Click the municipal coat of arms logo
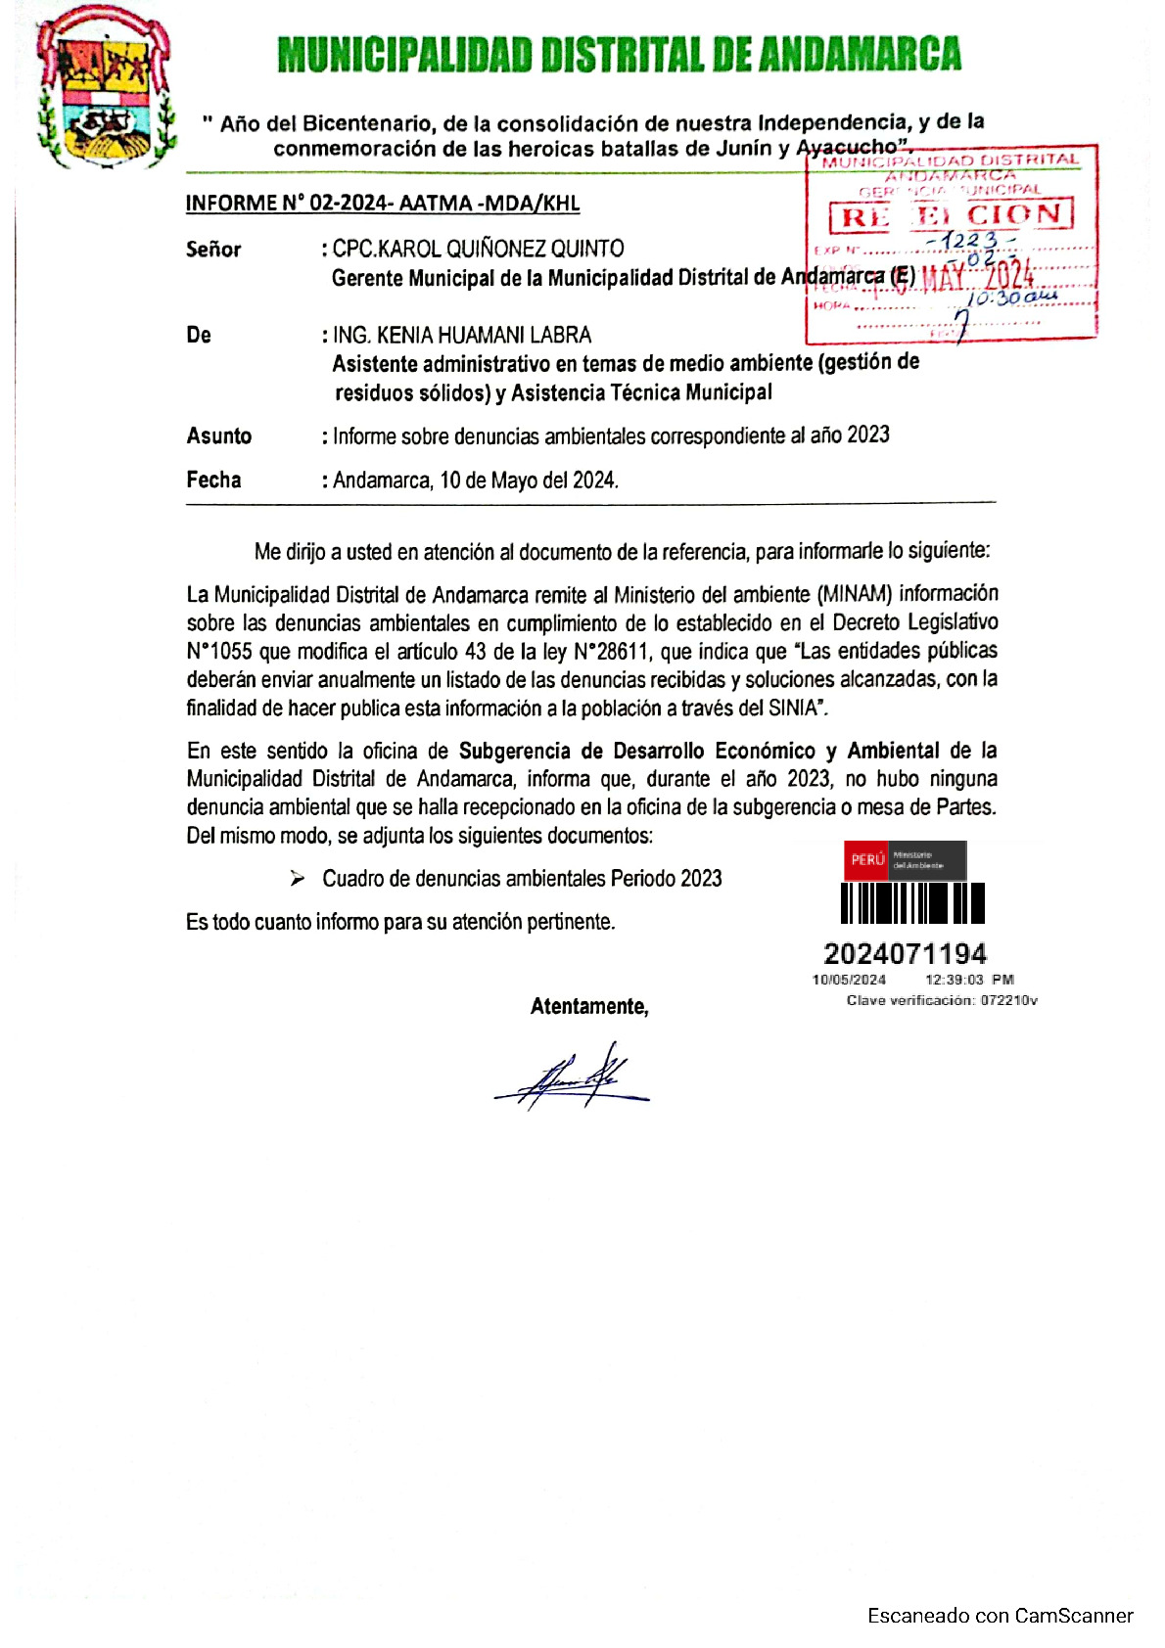tap(104, 88)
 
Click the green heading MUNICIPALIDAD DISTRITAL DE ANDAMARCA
tap(619, 55)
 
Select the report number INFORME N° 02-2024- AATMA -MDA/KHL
tap(383, 204)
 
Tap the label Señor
tap(213, 250)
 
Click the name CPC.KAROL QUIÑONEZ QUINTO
tap(478, 249)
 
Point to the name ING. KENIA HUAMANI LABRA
tap(462, 336)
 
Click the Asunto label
tap(219, 436)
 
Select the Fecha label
tap(213, 480)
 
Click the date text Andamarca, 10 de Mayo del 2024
tap(476, 481)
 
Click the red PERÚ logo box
tap(866, 859)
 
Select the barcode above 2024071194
tap(912, 903)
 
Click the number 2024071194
tap(906, 953)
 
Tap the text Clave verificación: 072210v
tap(942, 1000)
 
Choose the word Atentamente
tap(589, 1007)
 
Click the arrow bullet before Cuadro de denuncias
tap(298, 879)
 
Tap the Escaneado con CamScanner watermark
tap(1000, 1616)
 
